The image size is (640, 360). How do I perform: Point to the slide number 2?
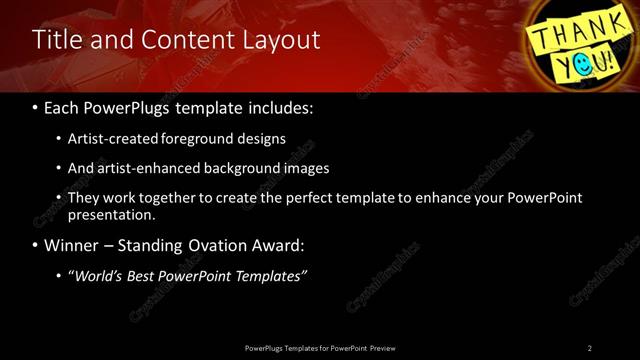coord(590,347)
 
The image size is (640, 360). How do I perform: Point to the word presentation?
coord(111,214)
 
